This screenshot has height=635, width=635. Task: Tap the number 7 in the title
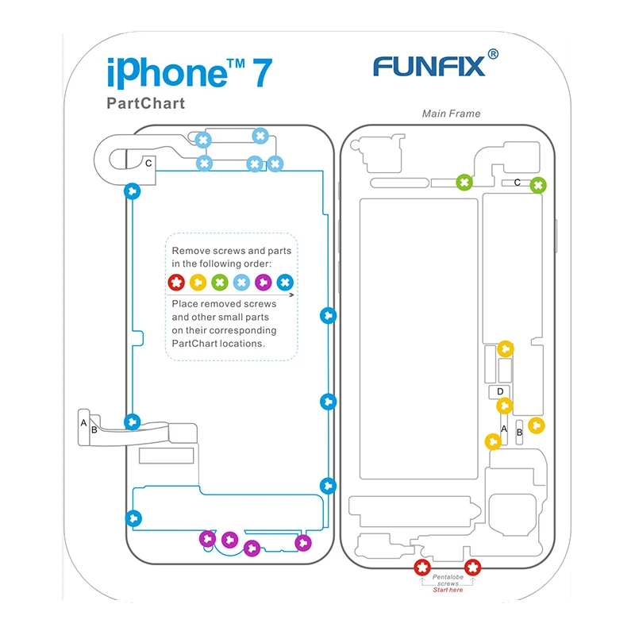tap(263, 72)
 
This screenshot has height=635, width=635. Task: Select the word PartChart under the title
tap(146, 103)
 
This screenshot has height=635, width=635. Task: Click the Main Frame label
tap(451, 114)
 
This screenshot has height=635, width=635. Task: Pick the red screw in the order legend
tap(176, 283)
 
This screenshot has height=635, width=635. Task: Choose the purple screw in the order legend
tap(264, 283)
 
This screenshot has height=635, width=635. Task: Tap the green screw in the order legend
tap(220, 283)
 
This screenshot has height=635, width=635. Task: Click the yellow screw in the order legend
tap(198, 283)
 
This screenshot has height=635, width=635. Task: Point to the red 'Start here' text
tap(448, 590)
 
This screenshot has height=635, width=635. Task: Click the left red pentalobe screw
tap(422, 568)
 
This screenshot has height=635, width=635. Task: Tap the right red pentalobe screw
tap(472, 568)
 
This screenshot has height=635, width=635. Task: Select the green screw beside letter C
tap(538, 185)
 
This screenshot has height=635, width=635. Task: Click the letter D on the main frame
tap(500, 391)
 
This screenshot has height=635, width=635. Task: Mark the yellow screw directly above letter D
tap(506, 348)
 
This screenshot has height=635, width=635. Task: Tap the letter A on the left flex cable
tap(83, 423)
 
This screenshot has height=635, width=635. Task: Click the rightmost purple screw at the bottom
tap(303, 543)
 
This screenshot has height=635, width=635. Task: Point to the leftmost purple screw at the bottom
tap(208, 539)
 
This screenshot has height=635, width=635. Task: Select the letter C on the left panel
tap(148, 164)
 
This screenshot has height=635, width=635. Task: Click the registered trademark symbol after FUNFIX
tap(493, 54)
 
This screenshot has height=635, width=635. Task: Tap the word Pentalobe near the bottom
tap(448, 577)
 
